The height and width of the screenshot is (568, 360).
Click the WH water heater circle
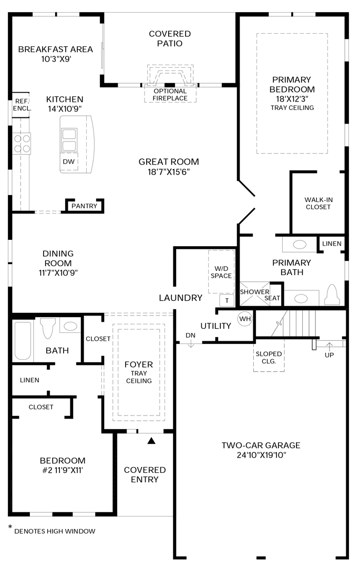[x=245, y=319]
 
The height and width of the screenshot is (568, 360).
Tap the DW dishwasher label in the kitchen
[x=69, y=161]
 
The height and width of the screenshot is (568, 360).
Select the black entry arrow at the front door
[x=151, y=441]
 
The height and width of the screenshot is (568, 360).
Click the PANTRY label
[x=84, y=206]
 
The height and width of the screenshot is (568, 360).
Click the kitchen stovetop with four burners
[x=22, y=144]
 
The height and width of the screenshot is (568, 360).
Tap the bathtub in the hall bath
[x=23, y=340]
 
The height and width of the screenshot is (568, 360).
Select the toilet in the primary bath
[x=332, y=295]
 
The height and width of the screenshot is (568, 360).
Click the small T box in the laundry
[x=227, y=300]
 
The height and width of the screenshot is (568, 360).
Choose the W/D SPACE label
[x=221, y=272]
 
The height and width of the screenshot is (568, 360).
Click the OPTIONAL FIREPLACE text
[x=170, y=95]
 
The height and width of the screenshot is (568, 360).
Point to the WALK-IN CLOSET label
[x=318, y=203]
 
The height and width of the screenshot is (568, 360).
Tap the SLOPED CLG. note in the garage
[x=269, y=358]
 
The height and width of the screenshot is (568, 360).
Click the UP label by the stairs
[x=329, y=355]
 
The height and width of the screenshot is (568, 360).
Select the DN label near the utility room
[x=191, y=336]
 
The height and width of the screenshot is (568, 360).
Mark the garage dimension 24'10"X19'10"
[x=261, y=455]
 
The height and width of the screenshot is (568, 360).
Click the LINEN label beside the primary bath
[x=332, y=244]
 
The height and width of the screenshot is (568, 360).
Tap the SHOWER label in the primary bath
[x=255, y=291]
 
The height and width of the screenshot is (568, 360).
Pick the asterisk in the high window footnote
[x=10, y=526]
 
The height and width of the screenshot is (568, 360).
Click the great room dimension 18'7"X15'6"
[x=169, y=171]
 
